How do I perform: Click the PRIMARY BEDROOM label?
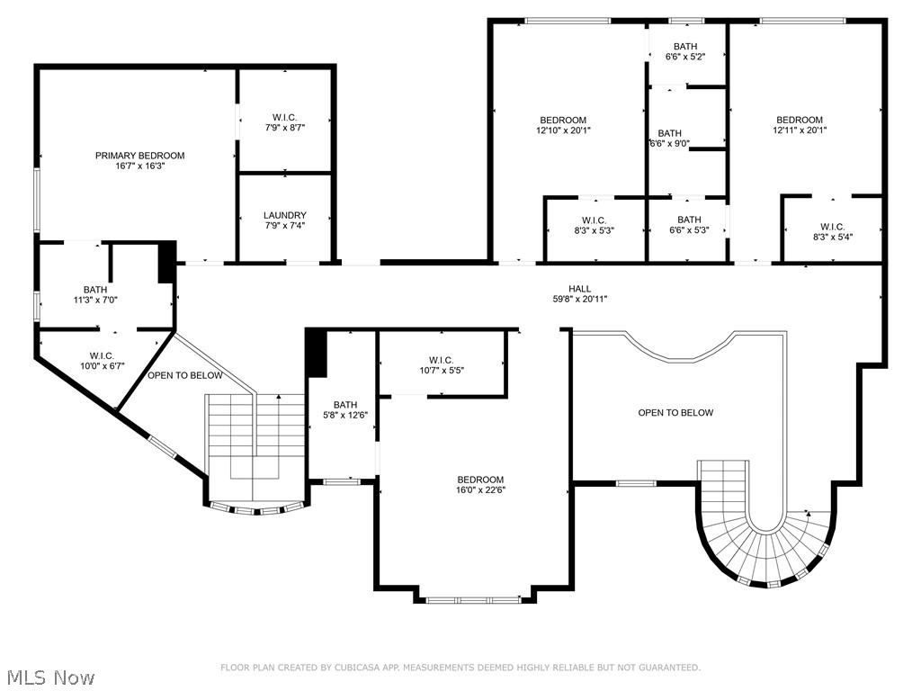(x=139, y=156)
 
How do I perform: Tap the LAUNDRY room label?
(x=285, y=216)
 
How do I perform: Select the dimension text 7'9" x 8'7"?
(x=285, y=128)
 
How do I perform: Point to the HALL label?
(x=580, y=289)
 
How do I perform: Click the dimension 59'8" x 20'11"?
(x=580, y=299)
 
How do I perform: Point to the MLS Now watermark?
(x=51, y=678)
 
